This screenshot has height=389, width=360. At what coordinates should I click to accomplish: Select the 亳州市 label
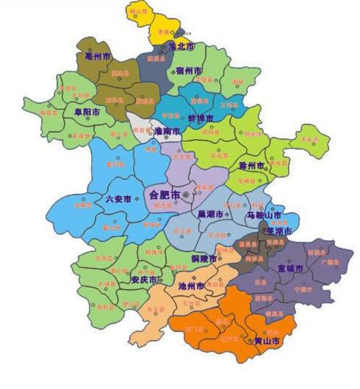tap(97, 55)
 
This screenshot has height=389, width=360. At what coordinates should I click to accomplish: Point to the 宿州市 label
tap(189, 71)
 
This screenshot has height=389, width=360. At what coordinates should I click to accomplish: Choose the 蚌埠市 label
tap(201, 117)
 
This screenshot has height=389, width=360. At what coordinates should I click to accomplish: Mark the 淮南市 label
tap(168, 132)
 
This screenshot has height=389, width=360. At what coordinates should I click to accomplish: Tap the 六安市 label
tap(118, 198)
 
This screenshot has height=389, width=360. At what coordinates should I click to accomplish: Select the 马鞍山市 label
tap(264, 215)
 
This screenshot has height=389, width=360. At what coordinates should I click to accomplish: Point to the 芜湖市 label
tap(279, 231)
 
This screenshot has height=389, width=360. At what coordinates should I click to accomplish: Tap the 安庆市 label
tap(144, 280)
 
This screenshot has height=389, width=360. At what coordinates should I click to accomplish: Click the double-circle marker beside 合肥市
tap(186, 194)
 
